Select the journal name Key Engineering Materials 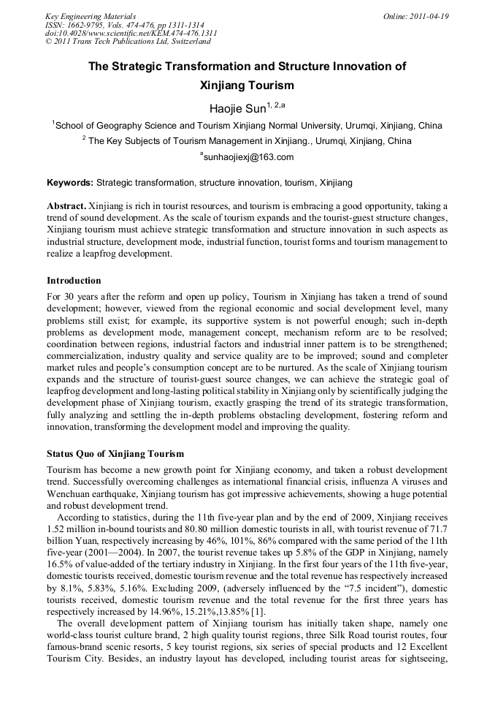[91, 16]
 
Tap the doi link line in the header [131, 34]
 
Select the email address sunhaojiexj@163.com [247, 157]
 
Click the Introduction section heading [74, 281]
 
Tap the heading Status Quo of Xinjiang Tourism [115, 454]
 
